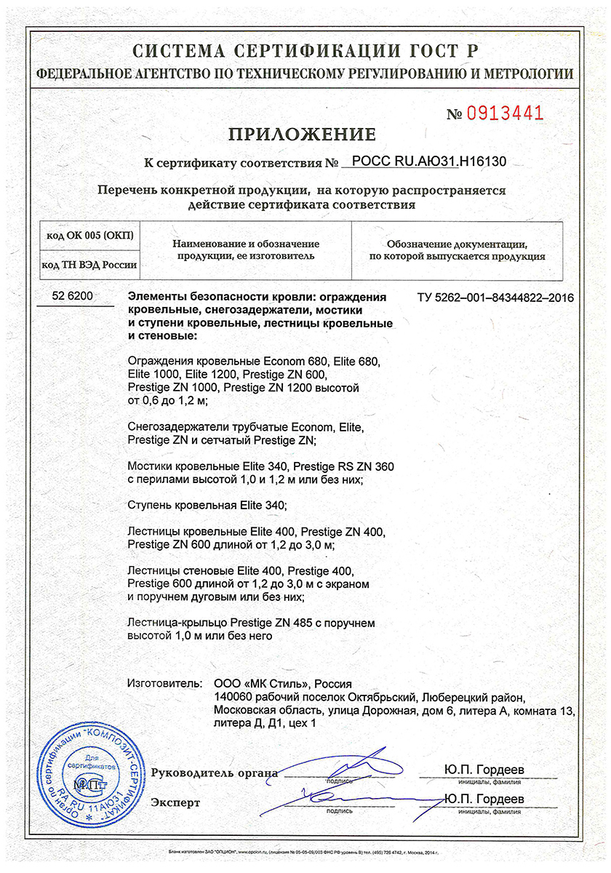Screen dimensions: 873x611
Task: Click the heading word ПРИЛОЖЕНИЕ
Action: click(x=303, y=135)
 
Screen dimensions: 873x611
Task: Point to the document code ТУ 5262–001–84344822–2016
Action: click(x=495, y=298)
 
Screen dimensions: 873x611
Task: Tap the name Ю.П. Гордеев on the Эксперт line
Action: click(x=484, y=800)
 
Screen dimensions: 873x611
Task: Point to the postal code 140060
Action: click(x=231, y=697)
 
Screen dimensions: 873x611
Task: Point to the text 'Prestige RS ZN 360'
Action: click(x=344, y=466)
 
